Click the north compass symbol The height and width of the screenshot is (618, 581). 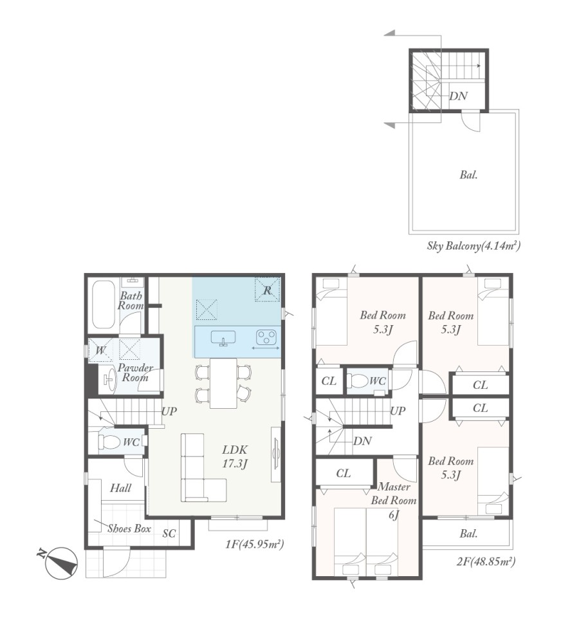[x=60, y=563]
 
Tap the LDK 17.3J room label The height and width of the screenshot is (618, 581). [x=235, y=456]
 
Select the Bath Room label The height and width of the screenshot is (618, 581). [x=131, y=301]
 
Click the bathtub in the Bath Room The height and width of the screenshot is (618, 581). [x=103, y=304]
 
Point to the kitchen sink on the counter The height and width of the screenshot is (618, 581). [x=223, y=338]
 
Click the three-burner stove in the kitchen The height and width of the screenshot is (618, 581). [x=266, y=337]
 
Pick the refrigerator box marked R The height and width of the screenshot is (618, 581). [x=267, y=290]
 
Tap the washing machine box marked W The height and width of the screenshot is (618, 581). [x=100, y=350]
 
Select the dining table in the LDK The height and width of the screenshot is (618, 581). [x=223, y=383]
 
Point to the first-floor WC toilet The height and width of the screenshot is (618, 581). [x=109, y=442]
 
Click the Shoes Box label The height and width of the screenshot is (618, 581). [x=129, y=529]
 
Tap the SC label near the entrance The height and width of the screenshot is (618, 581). [x=169, y=533]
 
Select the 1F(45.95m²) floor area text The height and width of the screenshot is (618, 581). [x=254, y=545]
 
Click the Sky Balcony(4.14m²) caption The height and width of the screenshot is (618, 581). [x=474, y=246]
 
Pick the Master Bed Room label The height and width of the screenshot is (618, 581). [x=394, y=494]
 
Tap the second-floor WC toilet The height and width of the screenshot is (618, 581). [x=357, y=381]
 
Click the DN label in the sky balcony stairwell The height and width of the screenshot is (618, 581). [x=459, y=96]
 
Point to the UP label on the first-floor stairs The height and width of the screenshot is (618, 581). [x=169, y=411]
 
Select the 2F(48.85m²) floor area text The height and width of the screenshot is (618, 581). [x=486, y=561]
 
